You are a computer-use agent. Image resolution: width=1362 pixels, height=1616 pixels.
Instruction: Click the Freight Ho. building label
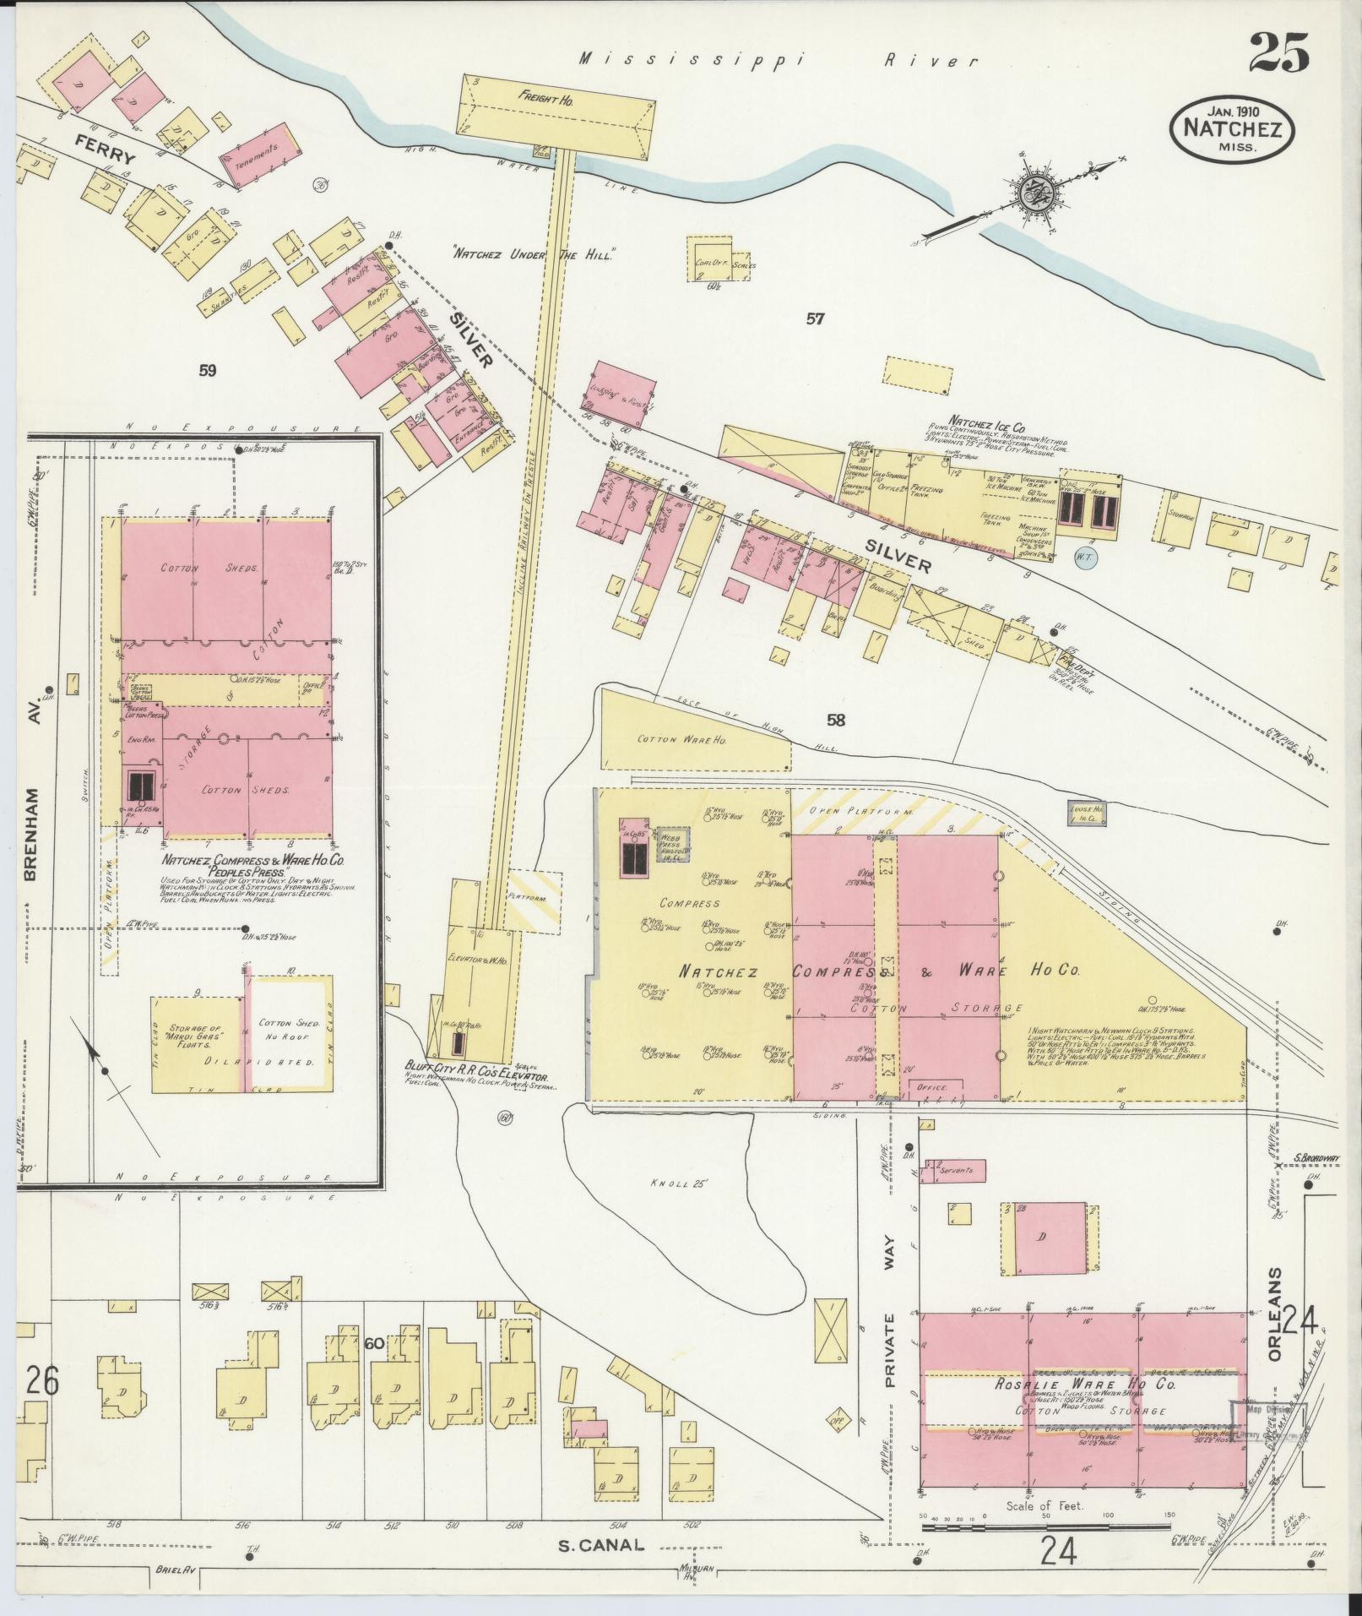[545, 99]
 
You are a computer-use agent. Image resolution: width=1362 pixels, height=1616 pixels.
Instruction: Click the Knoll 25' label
[676, 1183]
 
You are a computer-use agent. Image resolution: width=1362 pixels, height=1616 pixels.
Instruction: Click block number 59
[209, 369]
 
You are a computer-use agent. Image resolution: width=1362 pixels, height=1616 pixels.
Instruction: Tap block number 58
[835, 721]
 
